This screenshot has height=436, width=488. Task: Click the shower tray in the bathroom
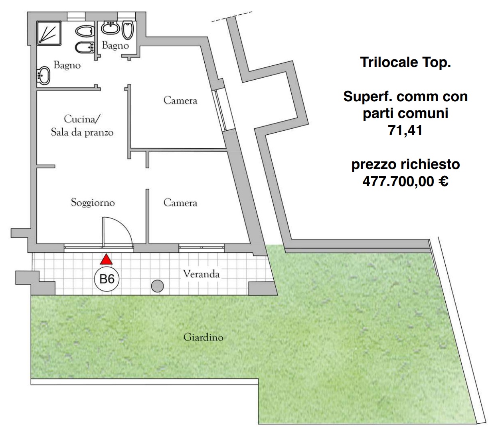(49, 33)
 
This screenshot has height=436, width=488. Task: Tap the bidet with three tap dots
(85, 47)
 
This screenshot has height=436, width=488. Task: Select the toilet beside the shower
(85, 31)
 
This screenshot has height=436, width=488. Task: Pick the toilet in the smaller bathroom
(128, 30)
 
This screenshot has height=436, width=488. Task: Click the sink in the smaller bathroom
(110, 28)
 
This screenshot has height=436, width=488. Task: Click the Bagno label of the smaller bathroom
(115, 45)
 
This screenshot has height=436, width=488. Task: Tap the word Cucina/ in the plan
(82, 119)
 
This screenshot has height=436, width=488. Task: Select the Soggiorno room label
(93, 202)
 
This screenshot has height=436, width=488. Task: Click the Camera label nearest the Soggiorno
(180, 202)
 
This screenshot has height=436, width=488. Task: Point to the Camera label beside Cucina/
(180, 100)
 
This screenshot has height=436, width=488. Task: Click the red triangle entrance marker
(106, 259)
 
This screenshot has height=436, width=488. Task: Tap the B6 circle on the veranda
(107, 279)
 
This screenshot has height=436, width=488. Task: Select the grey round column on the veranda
(157, 286)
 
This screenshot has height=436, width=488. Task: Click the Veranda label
(201, 274)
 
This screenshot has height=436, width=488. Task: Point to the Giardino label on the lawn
(203, 337)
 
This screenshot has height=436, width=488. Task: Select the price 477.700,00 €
(405, 181)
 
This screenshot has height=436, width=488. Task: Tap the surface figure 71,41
(405, 130)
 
